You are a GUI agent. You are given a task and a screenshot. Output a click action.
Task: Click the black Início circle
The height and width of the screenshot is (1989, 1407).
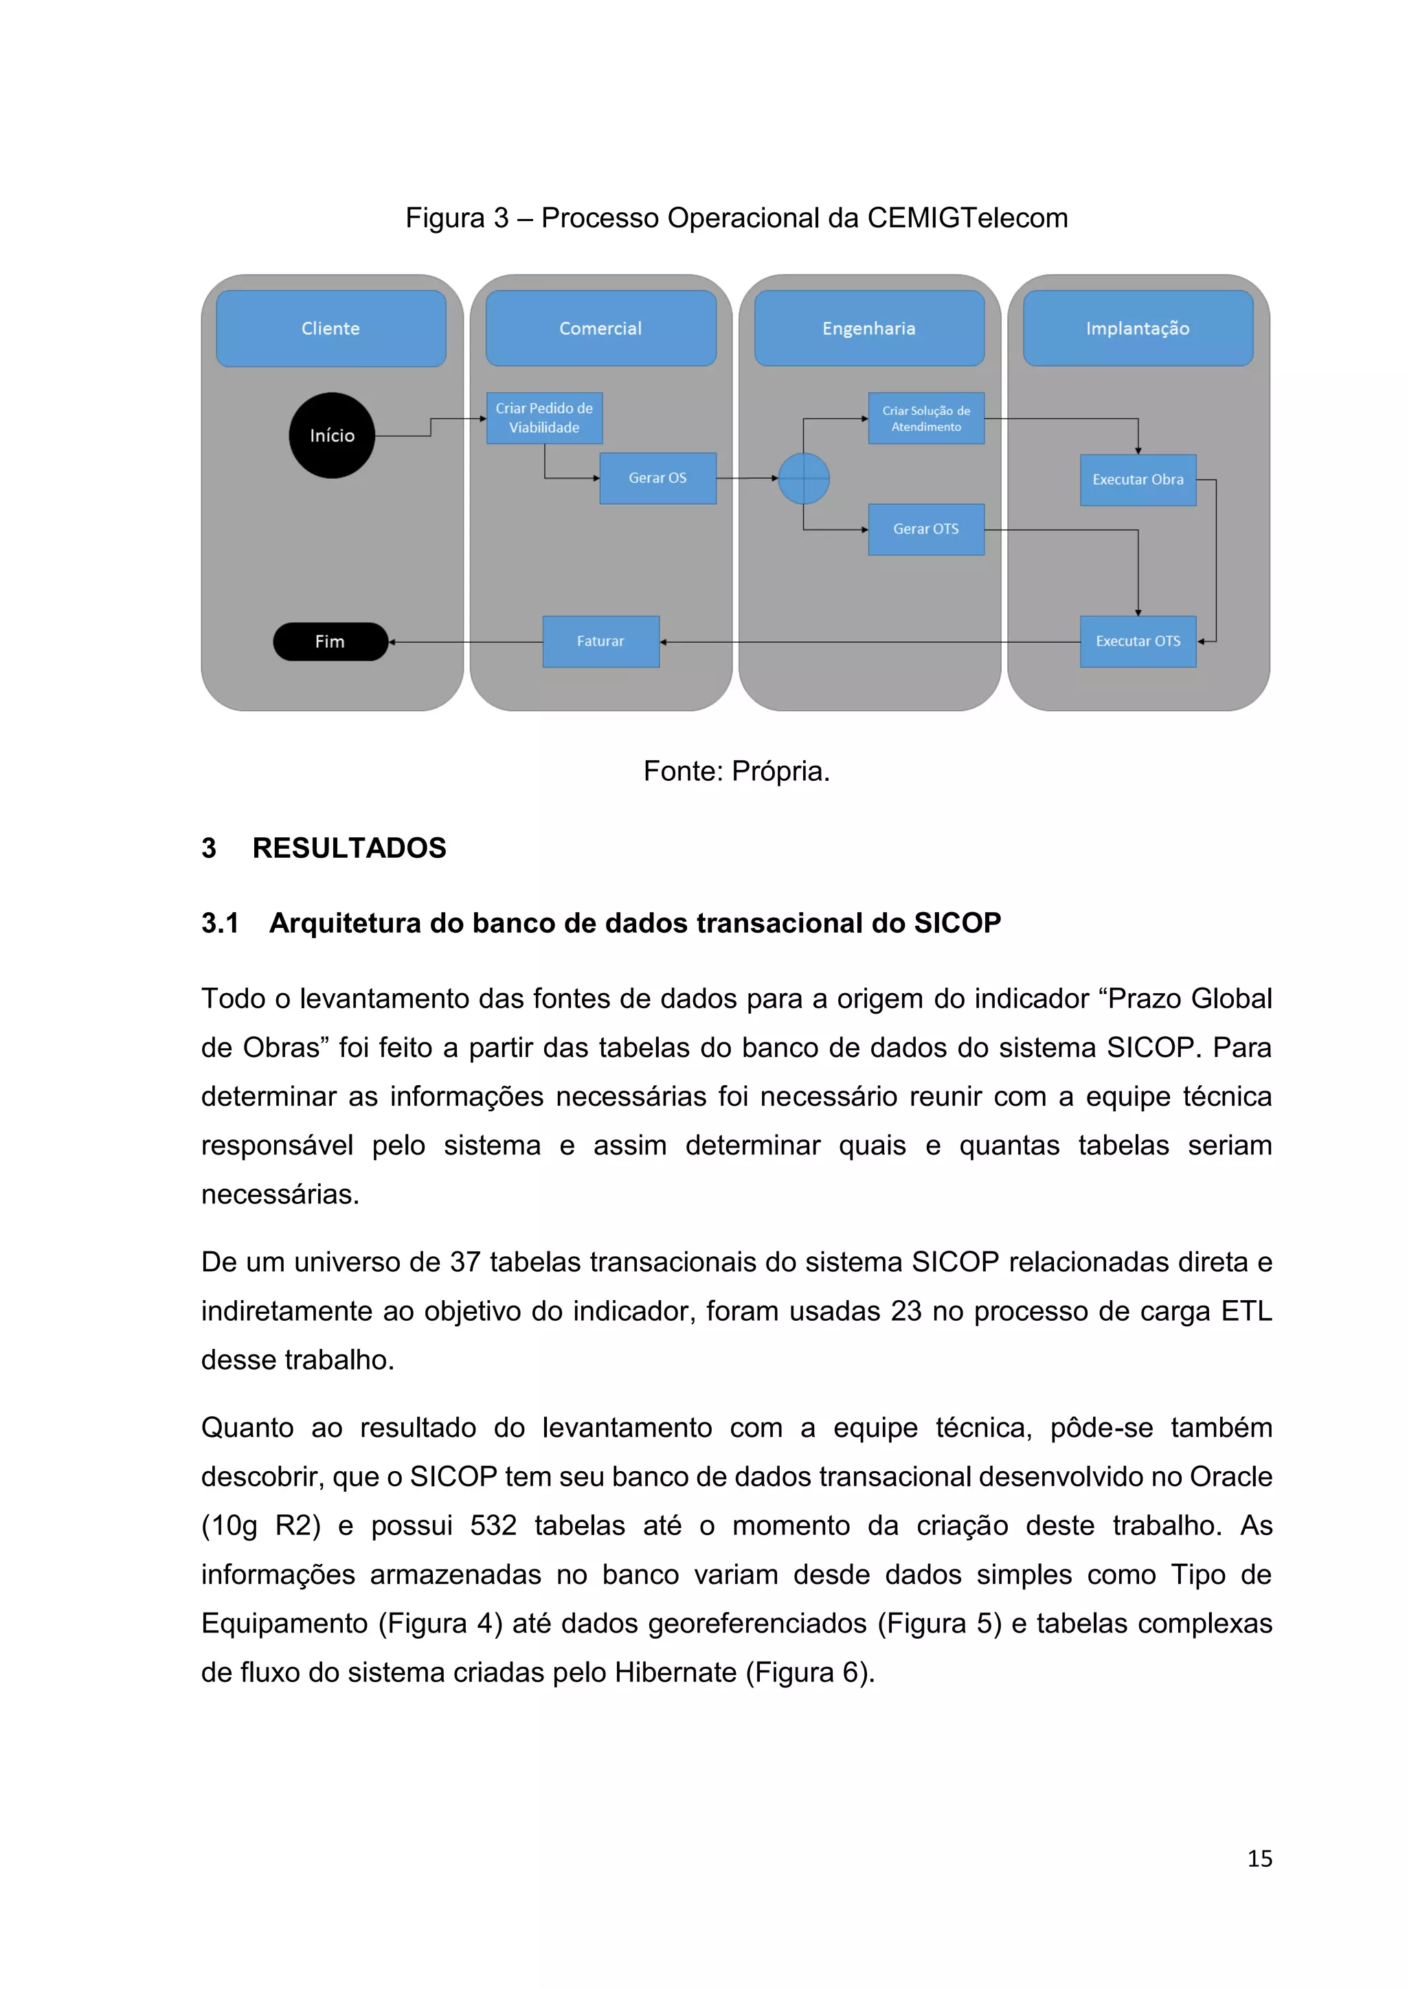(x=332, y=435)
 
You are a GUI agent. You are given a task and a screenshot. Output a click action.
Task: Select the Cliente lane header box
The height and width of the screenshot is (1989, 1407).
(x=331, y=328)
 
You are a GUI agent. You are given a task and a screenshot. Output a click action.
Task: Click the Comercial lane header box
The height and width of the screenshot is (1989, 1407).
(x=600, y=328)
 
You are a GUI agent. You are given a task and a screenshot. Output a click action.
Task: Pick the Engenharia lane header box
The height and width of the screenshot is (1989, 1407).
(x=869, y=328)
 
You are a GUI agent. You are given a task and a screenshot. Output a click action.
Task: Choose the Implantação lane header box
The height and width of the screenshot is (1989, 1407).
(x=1138, y=328)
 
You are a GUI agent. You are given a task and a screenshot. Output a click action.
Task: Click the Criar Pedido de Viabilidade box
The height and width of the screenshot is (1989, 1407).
(x=544, y=418)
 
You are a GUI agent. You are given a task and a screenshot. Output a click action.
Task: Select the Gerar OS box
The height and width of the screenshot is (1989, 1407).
(x=657, y=477)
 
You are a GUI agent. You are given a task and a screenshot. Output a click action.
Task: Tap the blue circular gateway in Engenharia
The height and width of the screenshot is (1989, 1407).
(x=803, y=478)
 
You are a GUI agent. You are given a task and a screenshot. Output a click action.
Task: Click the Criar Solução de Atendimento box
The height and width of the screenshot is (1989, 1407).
(x=926, y=418)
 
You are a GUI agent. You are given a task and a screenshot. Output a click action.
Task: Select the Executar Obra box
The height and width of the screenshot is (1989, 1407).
(x=1138, y=479)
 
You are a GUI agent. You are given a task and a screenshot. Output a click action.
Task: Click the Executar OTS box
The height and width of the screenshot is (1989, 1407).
(x=1138, y=641)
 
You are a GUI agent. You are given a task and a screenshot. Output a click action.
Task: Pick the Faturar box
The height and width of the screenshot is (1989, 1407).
(x=600, y=641)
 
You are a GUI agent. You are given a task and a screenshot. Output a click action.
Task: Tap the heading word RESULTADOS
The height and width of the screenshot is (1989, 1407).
(x=349, y=848)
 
